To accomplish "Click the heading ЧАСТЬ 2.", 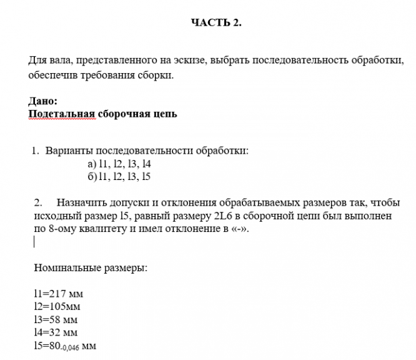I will click(x=215, y=23).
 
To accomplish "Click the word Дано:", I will click(x=43, y=101).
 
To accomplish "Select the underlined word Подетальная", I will click(x=61, y=114).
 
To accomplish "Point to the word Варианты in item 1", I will click(x=67, y=151).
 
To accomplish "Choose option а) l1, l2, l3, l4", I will click(x=121, y=164).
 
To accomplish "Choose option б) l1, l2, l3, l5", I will click(x=121, y=176).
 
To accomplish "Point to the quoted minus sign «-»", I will click(x=247, y=229).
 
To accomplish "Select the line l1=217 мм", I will click(x=59, y=294).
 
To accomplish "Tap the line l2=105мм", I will click(x=57, y=306).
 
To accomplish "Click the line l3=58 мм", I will click(x=56, y=319).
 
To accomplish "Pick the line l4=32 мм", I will click(x=56, y=332).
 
